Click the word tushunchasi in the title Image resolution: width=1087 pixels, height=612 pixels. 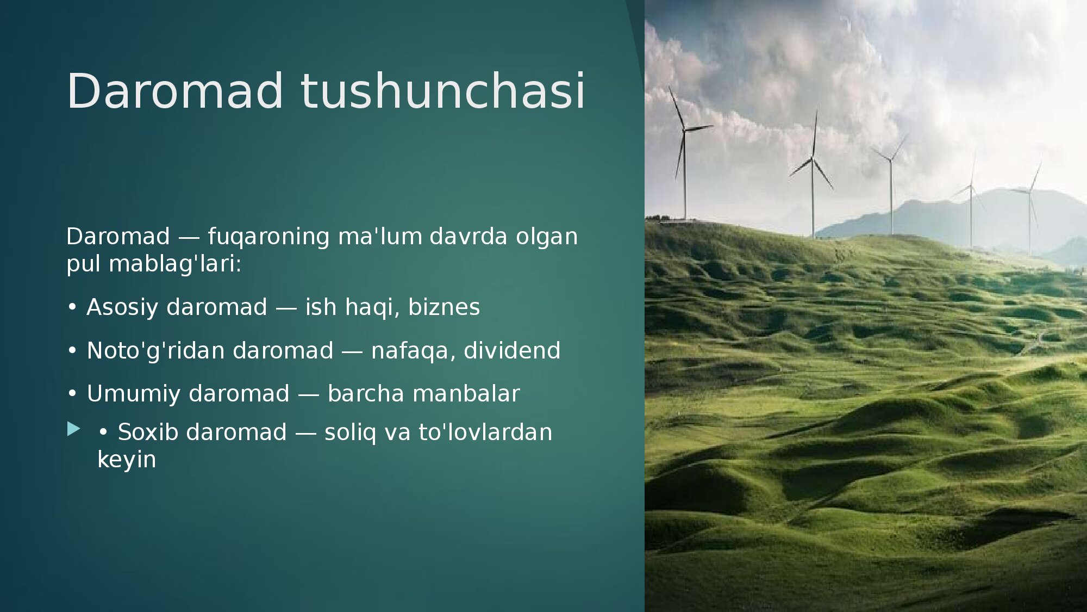(443, 90)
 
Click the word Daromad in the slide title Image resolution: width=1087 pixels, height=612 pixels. (175, 90)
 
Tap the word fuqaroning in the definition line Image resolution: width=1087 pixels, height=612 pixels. (268, 237)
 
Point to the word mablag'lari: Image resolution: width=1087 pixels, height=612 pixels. (175, 264)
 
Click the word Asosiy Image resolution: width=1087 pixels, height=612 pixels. (122, 307)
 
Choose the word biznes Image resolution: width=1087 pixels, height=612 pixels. (444, 307)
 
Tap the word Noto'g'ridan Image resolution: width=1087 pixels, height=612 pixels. (155, 351)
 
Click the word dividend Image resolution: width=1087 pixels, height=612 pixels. (512, 350)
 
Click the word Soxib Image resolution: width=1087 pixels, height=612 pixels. (148, 432)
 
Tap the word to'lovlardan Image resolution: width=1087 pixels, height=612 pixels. (485, 432)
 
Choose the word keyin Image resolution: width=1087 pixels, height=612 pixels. (127, 460)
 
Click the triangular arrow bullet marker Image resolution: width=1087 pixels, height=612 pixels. (73, 429)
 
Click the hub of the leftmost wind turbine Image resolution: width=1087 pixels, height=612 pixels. (684, 129)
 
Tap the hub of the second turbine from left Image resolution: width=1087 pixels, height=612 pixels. (812, 158)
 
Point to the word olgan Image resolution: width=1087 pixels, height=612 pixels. (547, 237)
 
